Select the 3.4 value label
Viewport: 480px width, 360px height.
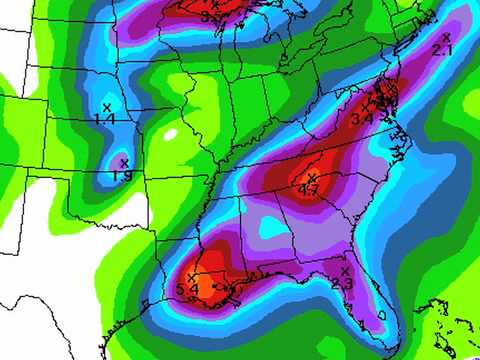click(x=361, y=119)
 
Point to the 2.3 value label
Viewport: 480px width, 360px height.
click(x=341, y=284)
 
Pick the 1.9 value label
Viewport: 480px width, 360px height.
click(x=122, y=176)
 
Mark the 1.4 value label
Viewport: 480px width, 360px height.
click(x=104, y=119)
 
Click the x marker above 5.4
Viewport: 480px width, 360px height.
click(x=192, y=277)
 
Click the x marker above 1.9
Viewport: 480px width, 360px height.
click(x=124, y=163)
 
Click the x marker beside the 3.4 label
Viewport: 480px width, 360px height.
click(x=378, y=108)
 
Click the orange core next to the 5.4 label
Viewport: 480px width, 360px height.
click(x=206, y=289)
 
